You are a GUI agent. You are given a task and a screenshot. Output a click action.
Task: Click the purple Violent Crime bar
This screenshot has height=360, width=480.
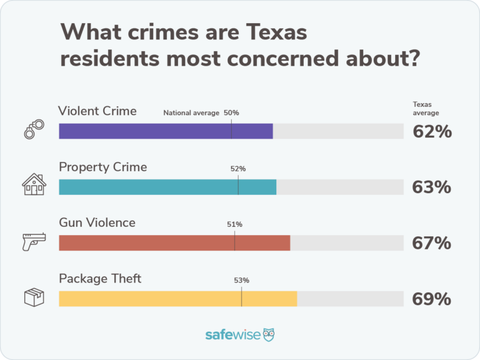[166, 131]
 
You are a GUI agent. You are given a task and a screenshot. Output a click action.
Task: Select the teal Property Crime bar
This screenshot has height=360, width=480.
[167, 187]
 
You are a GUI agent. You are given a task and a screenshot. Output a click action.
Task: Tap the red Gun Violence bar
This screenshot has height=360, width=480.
[174, 242]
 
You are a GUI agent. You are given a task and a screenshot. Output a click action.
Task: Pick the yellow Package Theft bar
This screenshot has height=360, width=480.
[177, 298]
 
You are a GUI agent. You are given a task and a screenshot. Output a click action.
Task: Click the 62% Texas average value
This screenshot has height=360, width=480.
[431, 132]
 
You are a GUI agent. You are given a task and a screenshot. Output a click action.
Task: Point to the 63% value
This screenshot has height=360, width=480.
[431, 187]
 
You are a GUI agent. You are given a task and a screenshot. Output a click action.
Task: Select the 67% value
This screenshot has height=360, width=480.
[431, 243]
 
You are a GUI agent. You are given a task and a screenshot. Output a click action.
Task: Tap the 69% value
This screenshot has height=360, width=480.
[431, 299]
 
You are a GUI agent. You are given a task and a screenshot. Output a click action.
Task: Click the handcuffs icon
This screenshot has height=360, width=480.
[34, 130]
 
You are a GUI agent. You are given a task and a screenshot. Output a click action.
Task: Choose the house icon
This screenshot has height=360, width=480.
[34, 185]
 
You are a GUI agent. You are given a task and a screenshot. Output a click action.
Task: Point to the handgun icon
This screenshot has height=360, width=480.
[34, 241]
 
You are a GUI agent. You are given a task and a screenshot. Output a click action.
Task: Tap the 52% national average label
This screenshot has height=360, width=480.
[238, 169]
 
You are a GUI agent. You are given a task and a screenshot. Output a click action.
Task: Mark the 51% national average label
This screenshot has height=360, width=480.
[235, 224]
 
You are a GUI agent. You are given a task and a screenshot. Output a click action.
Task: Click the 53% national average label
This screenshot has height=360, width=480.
[242, 280]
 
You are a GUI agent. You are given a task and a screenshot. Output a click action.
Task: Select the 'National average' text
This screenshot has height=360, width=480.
[191, 113]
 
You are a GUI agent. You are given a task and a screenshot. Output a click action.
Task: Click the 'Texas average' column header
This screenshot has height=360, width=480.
[426, 109]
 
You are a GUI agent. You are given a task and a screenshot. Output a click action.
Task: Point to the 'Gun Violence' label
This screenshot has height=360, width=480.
[97, 222]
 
